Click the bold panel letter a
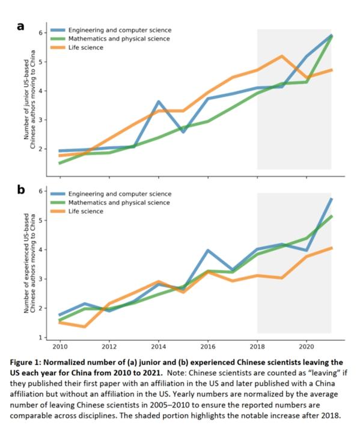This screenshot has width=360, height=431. [x=20, y=26]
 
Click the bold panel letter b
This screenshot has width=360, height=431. [x=21, y=189]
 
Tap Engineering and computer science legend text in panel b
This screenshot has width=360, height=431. [x=120, y=194]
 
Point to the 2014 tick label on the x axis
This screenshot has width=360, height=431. [x=159, y=347]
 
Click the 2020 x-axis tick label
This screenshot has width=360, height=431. [x=307, y=347]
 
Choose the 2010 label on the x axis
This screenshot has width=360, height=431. [x=60, y=347]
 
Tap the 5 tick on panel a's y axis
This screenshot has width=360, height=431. [x=41, y=62]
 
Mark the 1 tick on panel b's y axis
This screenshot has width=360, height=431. [x=41, y=337]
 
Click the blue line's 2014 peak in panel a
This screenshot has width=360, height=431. [x=159, y=102]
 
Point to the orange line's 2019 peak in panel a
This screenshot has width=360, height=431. [x=282, y=56]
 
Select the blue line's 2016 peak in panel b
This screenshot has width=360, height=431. [x=208, y=251]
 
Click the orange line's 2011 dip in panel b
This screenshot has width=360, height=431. [x=85, y=326]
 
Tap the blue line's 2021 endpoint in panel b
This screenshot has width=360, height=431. [x=331, y=199]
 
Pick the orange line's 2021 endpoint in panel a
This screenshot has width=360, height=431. [x=331, y=70]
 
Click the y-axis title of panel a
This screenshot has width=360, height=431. [x=29, y=100]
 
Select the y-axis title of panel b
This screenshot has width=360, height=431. [x=29, y=263]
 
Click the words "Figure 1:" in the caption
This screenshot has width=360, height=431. [x=26, y=362]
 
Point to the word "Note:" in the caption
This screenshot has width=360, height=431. [x=175, y=373]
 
